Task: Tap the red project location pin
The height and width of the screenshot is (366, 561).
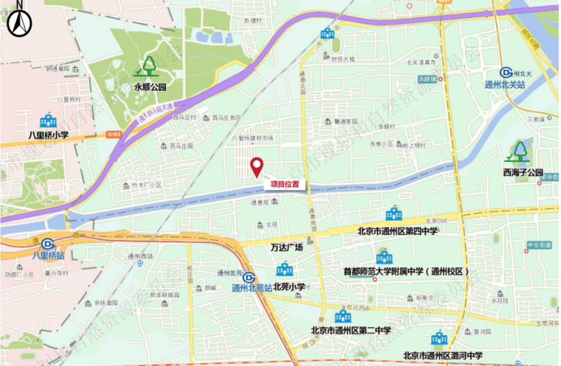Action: point(256,167)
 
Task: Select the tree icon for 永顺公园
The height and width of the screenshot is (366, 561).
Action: point(149,66)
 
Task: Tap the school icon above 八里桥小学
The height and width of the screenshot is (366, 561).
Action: point(48,121)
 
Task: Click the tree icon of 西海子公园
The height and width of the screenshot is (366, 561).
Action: point(519,152)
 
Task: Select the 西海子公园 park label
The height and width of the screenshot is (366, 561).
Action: point(522,173)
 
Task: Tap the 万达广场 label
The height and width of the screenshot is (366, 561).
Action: point(286,247)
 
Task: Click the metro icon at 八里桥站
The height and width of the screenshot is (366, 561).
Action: point(47,243)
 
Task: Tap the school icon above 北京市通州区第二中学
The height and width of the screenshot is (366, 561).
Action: point(343,316)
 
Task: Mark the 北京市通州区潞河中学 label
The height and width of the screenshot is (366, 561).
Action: point(443,355)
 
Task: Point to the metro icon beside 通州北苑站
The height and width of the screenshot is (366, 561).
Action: point(248,277)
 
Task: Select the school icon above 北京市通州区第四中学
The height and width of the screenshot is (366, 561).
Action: point(393,213)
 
